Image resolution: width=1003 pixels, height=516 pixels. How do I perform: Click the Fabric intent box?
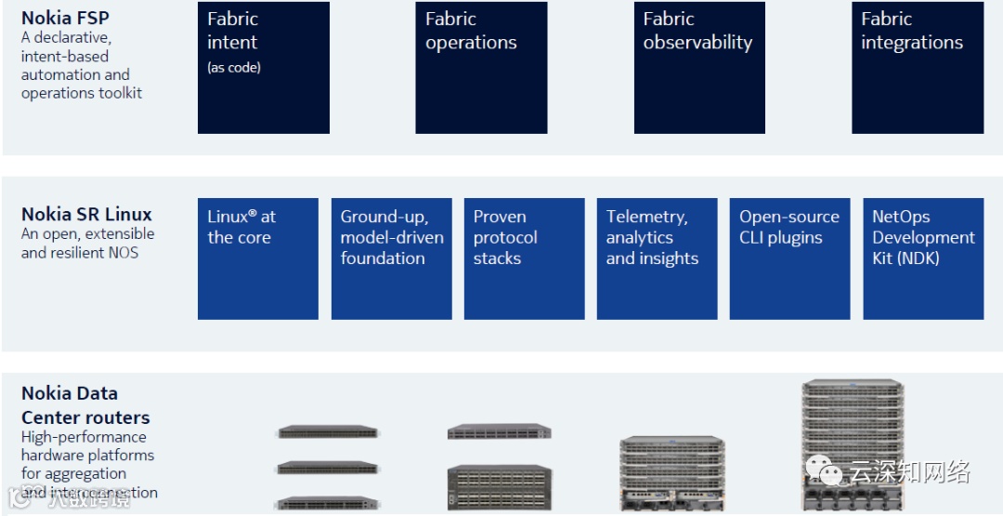[x=263, y=67]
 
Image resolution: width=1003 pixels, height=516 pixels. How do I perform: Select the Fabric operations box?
[x=481, y=67]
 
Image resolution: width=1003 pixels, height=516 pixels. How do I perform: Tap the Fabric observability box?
[x=698, y=67]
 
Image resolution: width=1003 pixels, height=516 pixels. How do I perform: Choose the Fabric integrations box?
[x=917, y=67]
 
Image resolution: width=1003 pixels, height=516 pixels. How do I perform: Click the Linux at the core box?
[x=257, y=258]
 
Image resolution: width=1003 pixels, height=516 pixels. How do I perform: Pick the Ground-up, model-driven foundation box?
[x=391, y=258]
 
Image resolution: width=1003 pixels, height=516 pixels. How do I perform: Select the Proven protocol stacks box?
[x=524, y=258]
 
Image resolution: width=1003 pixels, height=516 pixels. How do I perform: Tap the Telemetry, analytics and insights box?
[x=657, y=258]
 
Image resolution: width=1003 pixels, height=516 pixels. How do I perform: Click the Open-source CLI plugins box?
[x=789, y=258]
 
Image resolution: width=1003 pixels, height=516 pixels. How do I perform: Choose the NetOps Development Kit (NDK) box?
[x=922, y=258]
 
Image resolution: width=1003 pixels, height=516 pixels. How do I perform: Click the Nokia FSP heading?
[x=65, y=18]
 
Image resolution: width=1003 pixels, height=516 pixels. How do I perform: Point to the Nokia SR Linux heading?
[x=86, y=214]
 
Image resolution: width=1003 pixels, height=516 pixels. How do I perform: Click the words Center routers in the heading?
[x=85, y=417]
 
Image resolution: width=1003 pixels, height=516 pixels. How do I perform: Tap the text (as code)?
[x=234, y=68]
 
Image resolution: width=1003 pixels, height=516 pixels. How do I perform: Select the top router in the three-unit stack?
[x=328, y=432]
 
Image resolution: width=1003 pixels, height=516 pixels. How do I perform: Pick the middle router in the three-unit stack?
[x=328, y=468]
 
